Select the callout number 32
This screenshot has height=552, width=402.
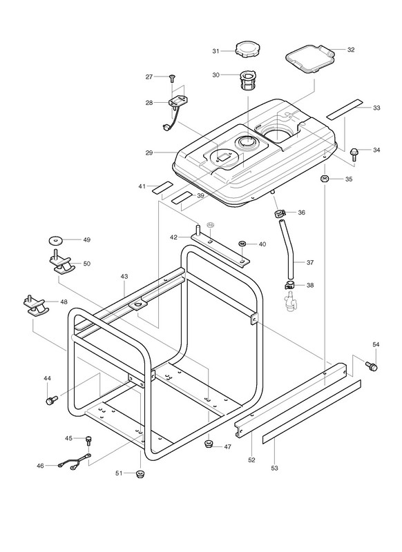[351, 50]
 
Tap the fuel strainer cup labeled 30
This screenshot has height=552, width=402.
[249, 81]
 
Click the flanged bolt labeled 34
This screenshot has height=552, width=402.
[354, 154]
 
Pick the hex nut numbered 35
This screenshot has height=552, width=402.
[325, 178]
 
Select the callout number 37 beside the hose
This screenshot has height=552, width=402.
[310, 262]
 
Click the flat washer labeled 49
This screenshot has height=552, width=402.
[55, 240]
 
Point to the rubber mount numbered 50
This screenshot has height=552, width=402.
[62, 262]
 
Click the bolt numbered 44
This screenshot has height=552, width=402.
[51, 400]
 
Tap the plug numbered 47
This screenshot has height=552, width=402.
[209, 443]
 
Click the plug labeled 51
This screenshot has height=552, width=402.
[141, 473]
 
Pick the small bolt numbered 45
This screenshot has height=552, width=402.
[88, 441]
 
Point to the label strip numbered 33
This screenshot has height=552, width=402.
[345, 109]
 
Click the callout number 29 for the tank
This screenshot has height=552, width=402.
[149, 152]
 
